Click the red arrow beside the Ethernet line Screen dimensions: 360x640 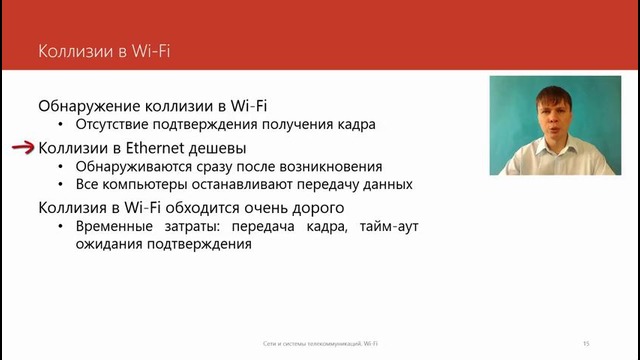[x=22, y=147]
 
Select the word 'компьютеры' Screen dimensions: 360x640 [x=147, y=186]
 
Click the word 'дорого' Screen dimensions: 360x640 [x=317, y=208]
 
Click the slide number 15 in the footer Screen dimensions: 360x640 [x=586, y=342]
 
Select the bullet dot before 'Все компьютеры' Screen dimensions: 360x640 [x=62, y=187]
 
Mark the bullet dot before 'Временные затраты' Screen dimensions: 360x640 [x=62, y=228]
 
